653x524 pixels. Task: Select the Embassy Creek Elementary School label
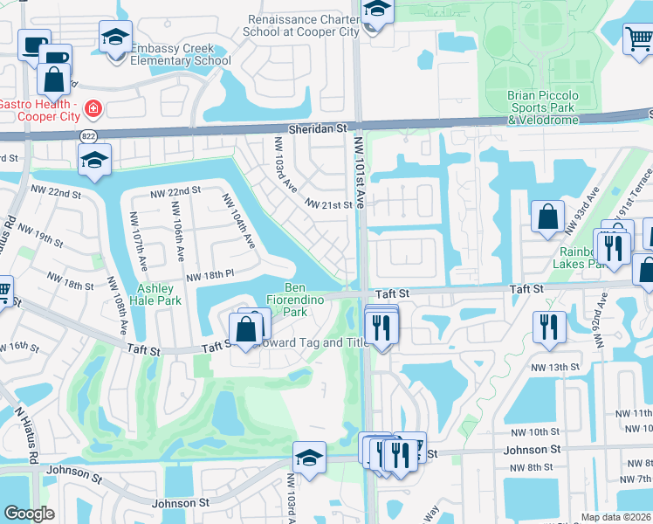[x=180, y=54]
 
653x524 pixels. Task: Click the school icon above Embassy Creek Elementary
[x=114, y=38]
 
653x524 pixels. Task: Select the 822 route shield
[x=89, y=136]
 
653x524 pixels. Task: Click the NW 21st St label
[x=328, y=204]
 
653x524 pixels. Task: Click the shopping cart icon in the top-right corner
[x=638, y=38]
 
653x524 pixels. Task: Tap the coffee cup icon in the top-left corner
[x=33, y=45]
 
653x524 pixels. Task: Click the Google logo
[x=29, y=513]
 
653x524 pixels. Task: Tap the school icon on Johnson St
[x=309, y=458]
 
